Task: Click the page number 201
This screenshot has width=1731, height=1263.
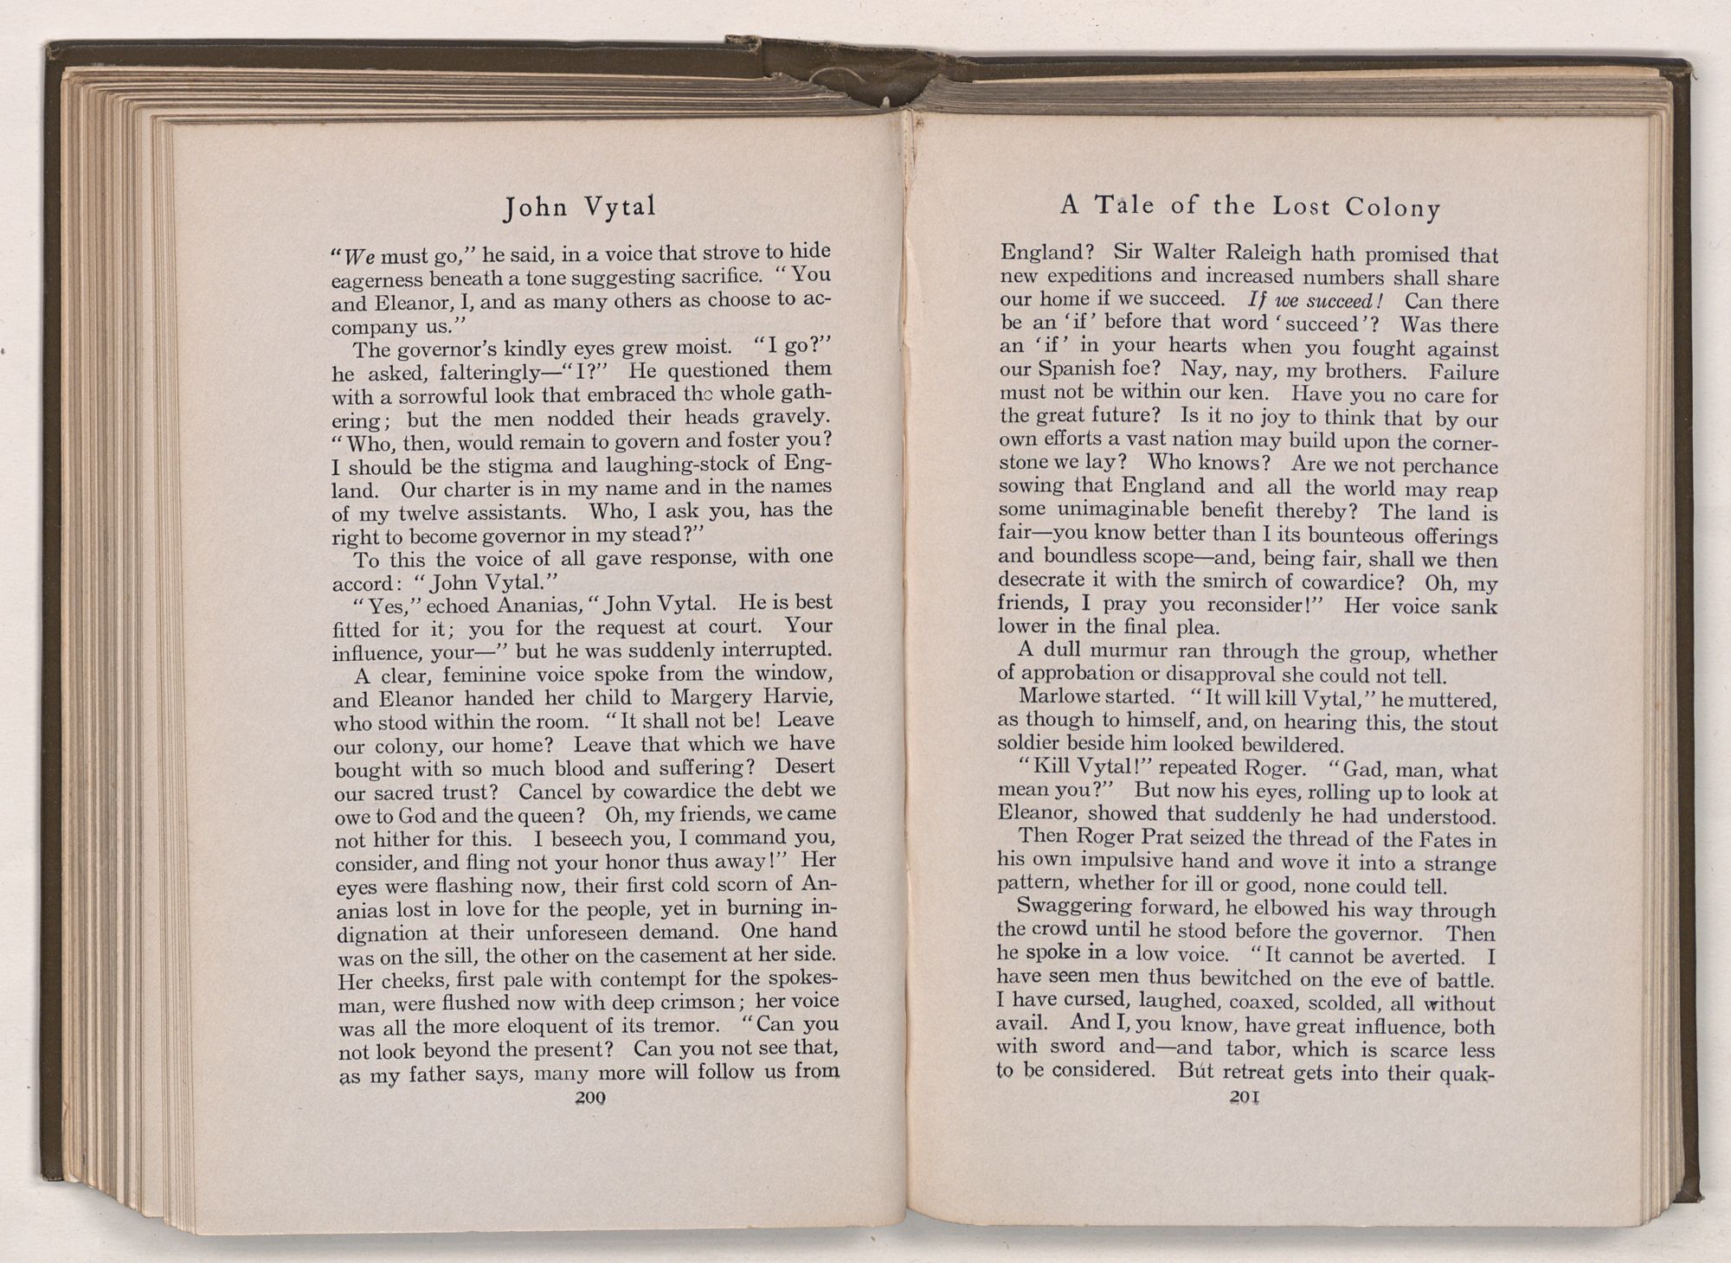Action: coord(1243,1097)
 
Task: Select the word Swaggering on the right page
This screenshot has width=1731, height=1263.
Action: coord(1073,907)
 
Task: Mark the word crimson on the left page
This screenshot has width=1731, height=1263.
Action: coord(698,1003)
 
